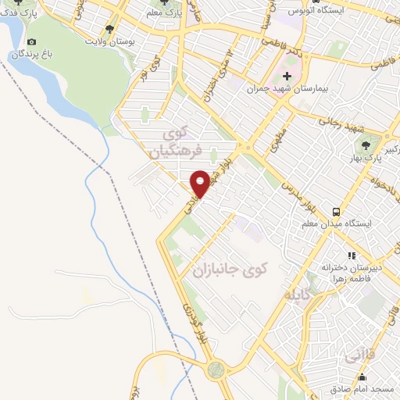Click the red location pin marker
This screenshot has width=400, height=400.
[200, 184]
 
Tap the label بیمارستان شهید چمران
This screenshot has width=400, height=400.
[285, 89]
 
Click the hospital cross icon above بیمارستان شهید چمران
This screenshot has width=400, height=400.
[287, 76]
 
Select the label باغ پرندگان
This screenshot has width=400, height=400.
[31, 55]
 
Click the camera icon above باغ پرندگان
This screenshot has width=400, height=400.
[30, 42]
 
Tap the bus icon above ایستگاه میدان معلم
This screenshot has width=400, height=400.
[337, 211]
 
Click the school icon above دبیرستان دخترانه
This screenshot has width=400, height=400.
[352, 255]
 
